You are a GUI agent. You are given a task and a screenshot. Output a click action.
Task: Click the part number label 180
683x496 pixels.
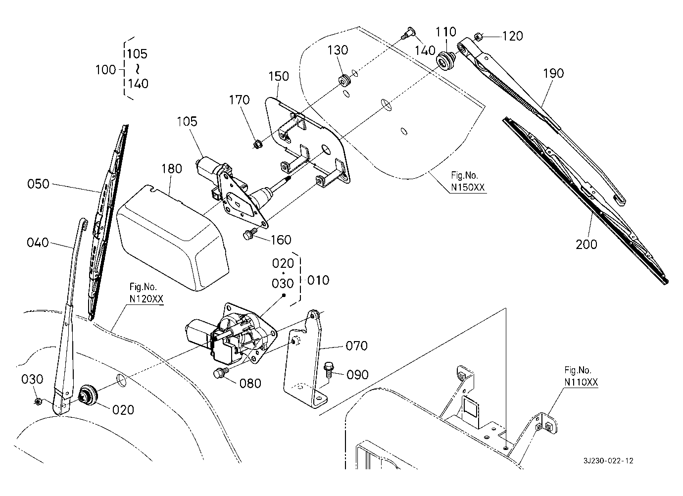171,169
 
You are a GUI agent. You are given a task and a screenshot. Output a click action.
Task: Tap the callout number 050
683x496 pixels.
38,184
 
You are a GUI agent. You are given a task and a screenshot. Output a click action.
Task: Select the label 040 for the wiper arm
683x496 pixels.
38,243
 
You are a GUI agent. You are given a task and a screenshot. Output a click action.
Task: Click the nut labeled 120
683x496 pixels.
478,36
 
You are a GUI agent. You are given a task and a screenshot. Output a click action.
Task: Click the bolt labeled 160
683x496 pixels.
250,235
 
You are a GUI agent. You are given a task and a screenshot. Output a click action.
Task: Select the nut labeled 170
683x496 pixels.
257,144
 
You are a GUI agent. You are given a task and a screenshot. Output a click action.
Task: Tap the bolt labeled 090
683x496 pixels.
328,369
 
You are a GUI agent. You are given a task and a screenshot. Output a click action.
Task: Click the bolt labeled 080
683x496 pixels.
220,374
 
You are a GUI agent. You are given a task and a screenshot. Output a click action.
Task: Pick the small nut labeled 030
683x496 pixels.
38,400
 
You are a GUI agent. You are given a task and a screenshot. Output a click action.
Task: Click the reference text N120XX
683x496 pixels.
146,299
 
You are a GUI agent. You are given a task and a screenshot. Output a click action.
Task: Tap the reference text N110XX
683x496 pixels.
581,382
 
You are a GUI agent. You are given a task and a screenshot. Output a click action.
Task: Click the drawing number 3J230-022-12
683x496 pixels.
608,461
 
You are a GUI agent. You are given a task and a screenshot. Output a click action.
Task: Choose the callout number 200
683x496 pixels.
586,244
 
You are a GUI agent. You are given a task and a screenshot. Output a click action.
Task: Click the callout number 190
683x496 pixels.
553,73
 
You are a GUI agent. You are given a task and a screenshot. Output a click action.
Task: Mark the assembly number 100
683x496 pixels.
105,70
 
